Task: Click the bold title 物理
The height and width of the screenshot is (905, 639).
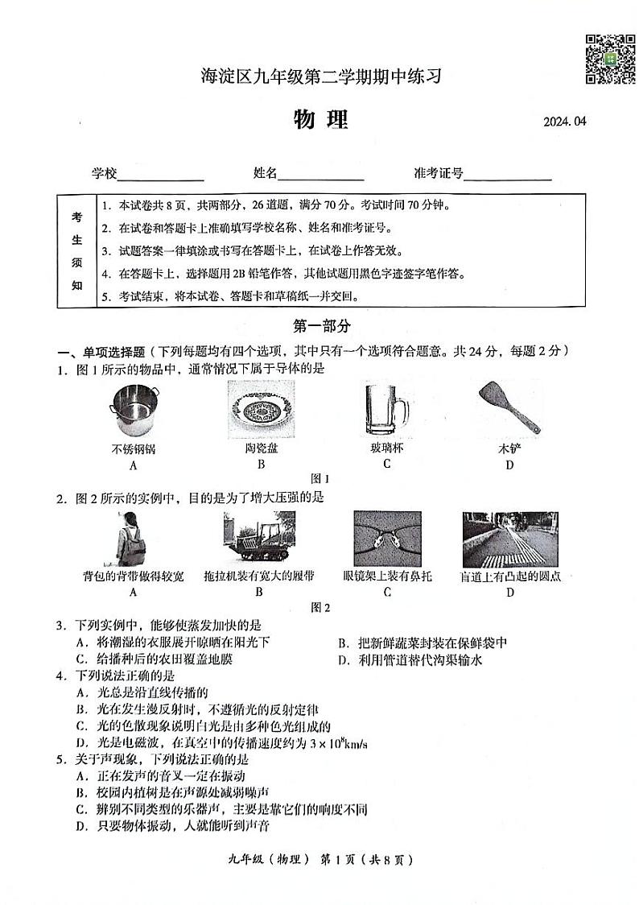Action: point(320,120)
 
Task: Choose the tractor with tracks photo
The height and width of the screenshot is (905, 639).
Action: point(258,539)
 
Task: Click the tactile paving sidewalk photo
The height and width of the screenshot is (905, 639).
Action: point(510,539)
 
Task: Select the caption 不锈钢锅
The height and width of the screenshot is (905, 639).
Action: point(134,448)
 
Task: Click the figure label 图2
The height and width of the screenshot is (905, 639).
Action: point(320,608)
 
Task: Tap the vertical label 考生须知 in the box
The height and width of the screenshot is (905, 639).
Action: point(76,250)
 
